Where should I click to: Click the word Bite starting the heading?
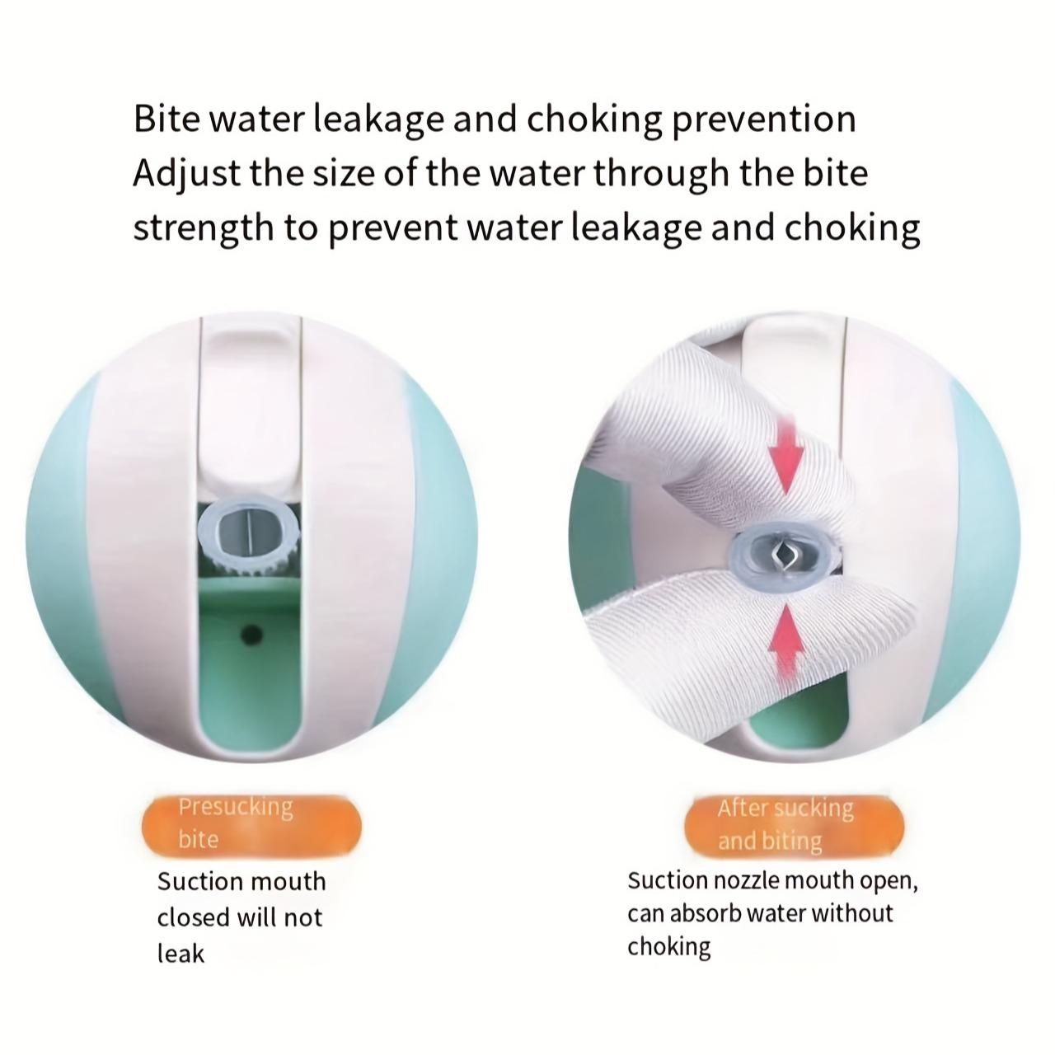[166, 119]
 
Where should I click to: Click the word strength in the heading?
[203, 228]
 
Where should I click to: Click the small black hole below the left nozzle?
[251, 634]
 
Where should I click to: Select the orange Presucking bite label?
[251, 825]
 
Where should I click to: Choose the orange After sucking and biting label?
[793, 827]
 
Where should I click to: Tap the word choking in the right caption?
[668, 947]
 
